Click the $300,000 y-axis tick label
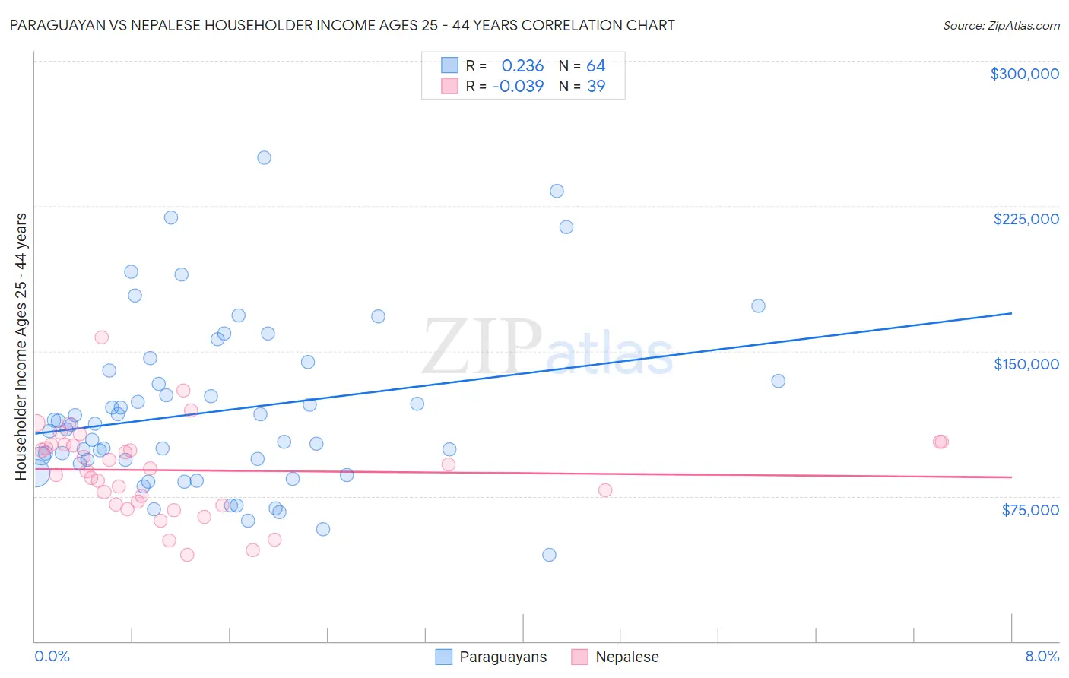click(1024, 74)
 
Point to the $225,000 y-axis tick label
click(1026, 219)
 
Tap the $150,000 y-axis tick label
click(1026, 364)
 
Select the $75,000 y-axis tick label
click(1029, 510)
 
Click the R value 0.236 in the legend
click(522, 66)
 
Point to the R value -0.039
click(518, 87)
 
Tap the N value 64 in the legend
click(595, 66)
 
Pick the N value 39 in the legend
click(596, 87)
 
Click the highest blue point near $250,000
click(264, 158)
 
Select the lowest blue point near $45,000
click(549, 555)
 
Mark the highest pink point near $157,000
click(101, 337)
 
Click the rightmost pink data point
click(941, 442)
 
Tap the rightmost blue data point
click(778, 381)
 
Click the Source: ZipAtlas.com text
click(1001, 26)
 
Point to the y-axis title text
click(21, 347)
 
